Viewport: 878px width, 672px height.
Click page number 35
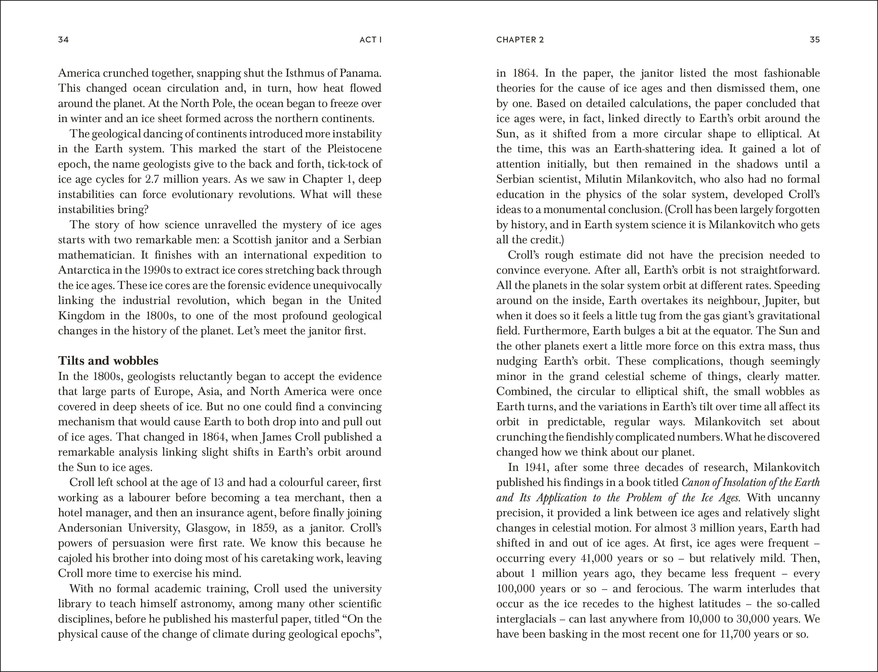814,40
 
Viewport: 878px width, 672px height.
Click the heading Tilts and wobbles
108,361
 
